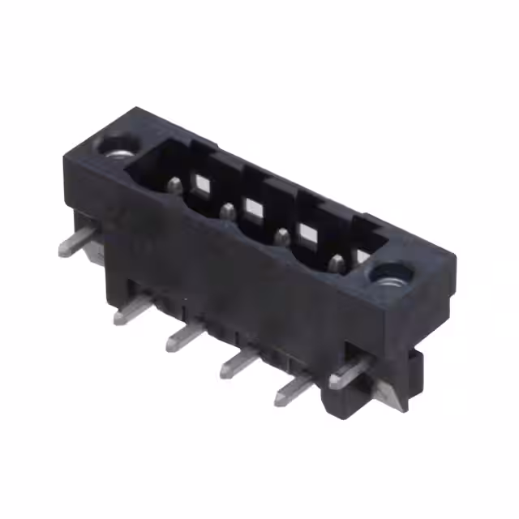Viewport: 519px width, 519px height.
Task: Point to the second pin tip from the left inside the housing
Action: [229, 212]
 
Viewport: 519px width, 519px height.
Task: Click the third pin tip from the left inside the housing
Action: [282, 238]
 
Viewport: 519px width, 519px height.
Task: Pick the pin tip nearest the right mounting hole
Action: [337, 262]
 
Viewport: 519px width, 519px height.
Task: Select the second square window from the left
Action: [254, 206]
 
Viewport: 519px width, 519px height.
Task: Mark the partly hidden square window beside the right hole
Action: [361, 258]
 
